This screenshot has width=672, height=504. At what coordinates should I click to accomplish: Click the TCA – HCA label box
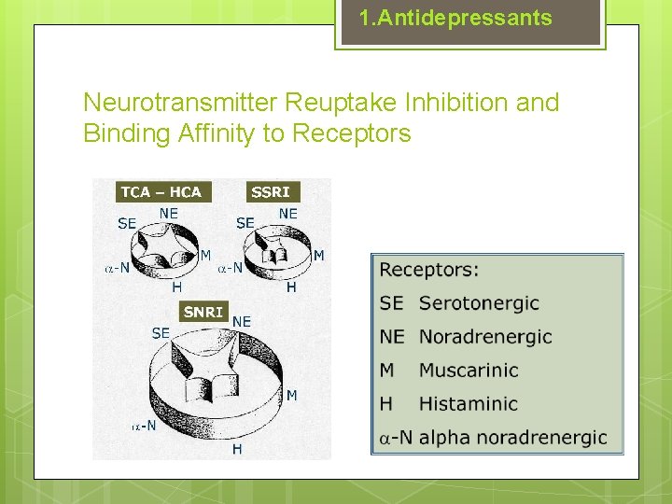tap(161, 192)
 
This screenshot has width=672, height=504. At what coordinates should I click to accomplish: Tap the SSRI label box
tap(271, 192)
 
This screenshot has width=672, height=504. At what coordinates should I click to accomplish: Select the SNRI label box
tap(203, 312)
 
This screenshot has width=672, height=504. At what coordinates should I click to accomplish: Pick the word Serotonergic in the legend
tap(479, 303)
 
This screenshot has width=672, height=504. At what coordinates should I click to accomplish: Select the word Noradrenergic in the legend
tap(485, 337)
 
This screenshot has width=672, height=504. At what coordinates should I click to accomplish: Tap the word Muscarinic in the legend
tap(469, 371)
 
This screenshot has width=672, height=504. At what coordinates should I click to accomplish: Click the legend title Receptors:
tap(429, 270)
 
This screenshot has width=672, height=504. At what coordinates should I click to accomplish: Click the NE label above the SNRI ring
tap(242, 322)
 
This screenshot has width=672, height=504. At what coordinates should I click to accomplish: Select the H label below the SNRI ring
tap(237, 450)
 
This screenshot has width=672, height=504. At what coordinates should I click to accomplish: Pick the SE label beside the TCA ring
tap(128, 224)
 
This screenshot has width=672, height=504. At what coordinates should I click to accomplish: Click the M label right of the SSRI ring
tap(318, 256)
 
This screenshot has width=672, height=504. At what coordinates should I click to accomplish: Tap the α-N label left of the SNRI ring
tap(144, 427)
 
